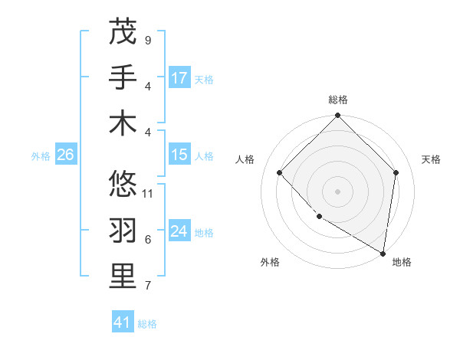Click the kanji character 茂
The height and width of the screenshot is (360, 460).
coord(123,32)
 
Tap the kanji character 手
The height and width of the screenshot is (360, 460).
coord(123,77)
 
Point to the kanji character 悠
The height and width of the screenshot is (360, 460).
coord(123,185)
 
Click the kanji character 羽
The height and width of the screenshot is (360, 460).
coord(123,231)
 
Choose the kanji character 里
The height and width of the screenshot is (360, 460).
coord(123,277)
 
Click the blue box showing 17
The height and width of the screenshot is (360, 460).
coord(179,78)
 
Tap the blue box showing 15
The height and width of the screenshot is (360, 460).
coord(179,155)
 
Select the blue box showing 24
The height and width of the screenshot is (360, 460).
coord(179,232)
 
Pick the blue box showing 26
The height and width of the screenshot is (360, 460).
coord(65,155)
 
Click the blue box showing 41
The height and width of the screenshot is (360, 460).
coord(123,322)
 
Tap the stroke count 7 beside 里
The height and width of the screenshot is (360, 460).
coord(148,286)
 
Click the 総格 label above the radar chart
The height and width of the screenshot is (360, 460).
coord(338,100)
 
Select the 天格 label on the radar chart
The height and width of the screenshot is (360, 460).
coord(431,159)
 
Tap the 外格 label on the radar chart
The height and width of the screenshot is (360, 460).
coord(270,262)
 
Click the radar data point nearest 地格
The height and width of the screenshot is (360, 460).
coord(383,253)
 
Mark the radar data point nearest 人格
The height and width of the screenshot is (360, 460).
coord(280,172)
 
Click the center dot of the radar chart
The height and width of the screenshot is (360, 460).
coord(338,191)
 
